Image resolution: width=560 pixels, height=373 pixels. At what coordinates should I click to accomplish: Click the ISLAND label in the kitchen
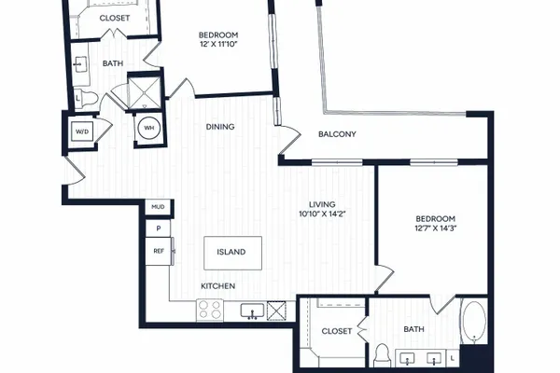coord(231,252)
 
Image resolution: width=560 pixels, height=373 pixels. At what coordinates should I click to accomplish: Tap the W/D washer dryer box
coord(82,131)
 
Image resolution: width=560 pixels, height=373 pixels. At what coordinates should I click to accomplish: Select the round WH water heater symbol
coord(149,128)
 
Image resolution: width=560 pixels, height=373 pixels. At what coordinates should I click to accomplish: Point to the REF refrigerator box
coord(159,251)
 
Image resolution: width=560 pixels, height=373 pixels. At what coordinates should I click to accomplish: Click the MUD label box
coord(158,207)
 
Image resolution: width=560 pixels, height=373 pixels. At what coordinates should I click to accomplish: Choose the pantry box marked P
coord(158,228)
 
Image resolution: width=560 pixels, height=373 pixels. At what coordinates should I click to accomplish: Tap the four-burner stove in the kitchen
coord(210,310)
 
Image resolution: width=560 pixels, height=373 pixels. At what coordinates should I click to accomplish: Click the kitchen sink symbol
coord(252,311)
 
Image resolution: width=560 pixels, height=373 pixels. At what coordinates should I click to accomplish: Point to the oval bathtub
coord(474,321)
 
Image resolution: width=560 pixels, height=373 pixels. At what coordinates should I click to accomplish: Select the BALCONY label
coord(337,134)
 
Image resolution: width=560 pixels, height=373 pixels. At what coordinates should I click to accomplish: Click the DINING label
coord(220,127)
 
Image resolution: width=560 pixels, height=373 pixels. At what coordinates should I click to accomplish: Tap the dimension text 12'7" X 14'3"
coord(436,228)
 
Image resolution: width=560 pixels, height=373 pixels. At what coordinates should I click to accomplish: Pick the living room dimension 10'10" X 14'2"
coord(323,214)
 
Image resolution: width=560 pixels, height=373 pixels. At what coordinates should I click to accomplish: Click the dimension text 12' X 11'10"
coord(218,44)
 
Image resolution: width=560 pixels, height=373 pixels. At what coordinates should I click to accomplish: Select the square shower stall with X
coord(144,92)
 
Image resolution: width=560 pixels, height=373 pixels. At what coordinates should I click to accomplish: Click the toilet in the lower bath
coord(382,355)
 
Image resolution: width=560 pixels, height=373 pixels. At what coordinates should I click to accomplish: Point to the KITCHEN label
coord(217,286)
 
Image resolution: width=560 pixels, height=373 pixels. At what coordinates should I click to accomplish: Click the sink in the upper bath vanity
coord(80,64)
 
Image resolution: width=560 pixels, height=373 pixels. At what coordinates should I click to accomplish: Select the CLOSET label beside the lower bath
coord(337,331)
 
